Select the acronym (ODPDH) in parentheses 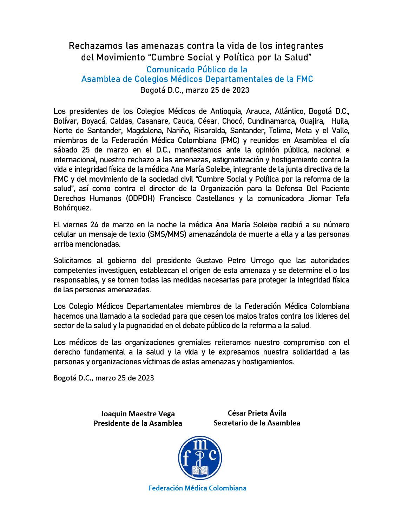[141, 198]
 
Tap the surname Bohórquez [72, 208]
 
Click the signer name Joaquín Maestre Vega [138, 414]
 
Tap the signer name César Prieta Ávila [257, 413]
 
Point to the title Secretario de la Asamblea [257, 423]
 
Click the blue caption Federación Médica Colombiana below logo [197, 488]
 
